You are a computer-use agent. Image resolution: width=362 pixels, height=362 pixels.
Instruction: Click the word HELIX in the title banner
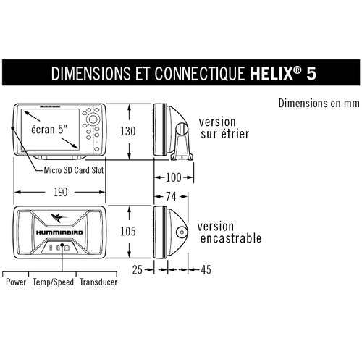(271, 73)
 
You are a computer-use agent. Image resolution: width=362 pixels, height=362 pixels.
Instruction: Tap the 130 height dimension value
(128, 131)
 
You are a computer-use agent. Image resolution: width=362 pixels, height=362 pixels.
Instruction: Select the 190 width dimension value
(60, 192)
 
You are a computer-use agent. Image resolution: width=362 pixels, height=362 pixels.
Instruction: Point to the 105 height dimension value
(128, 231)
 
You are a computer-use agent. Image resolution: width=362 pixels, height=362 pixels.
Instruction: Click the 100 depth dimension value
(174, 177)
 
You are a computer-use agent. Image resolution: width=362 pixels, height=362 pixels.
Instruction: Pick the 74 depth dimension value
(171, 196)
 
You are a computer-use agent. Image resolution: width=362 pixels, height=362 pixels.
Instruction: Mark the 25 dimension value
(138, 269)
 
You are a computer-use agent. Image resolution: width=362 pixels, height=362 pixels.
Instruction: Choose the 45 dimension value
(206, 269)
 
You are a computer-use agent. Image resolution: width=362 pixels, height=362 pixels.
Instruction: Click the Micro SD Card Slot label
(74, 170)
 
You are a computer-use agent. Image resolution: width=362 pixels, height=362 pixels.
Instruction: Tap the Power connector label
(16, 282)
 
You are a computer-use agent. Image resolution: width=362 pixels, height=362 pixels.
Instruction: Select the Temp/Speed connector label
(53, 282)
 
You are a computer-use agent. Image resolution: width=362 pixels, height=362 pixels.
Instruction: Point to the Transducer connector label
(98, 282)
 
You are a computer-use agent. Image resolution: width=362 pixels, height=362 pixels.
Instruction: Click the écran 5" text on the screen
(49, 130)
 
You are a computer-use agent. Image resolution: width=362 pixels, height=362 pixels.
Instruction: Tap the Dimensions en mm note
(319, 104)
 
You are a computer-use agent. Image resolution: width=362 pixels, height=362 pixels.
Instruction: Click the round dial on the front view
(93, 119)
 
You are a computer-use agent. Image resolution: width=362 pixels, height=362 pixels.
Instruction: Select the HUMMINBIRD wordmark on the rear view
(59, 232)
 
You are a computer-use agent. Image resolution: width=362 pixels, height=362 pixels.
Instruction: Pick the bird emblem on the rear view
(59, 218)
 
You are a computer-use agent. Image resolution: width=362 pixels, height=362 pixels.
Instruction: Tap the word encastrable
(231, 238)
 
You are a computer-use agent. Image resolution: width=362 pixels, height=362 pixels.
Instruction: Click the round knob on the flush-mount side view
(182, 232)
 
